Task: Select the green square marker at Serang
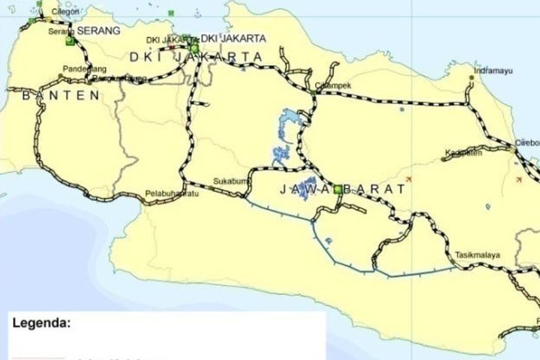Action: point(70,42)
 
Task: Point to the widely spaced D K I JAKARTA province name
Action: point(196,57)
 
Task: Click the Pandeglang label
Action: point(82,67)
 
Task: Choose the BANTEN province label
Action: point(61,95)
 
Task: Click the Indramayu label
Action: point(492,72)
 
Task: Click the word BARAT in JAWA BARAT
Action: point(378,190)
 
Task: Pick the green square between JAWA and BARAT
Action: point(338,189)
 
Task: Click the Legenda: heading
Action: point(42,324)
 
